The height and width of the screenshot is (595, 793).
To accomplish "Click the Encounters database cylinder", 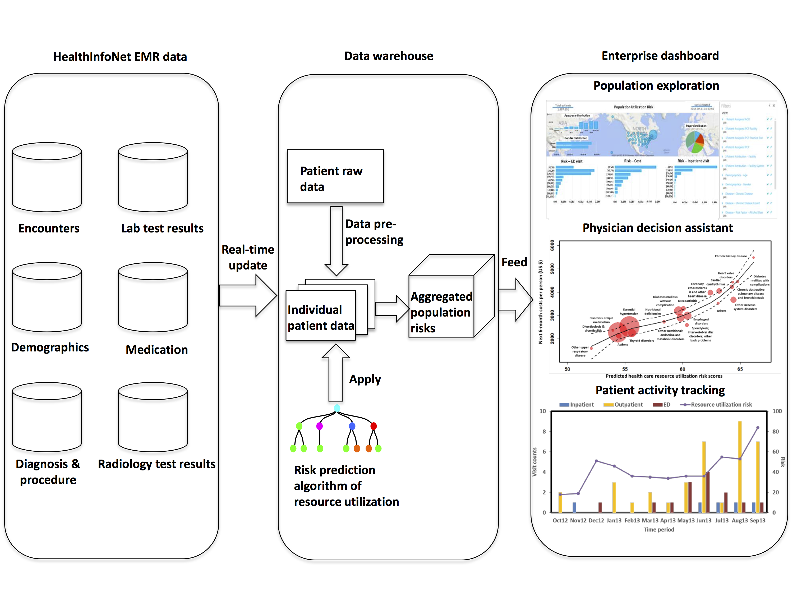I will [x=47, y=177].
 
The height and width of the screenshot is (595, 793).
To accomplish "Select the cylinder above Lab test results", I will [x=153, y=177].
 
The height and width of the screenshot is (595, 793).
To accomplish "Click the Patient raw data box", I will [x=335, y=176].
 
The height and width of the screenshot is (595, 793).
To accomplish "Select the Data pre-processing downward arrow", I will [x=336, y=240].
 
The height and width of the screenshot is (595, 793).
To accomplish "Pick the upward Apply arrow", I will [x=336, y=373].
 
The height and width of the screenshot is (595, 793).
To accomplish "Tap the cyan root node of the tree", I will [x=337, y=408].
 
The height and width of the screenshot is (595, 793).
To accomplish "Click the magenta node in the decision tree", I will [x=319, y=426].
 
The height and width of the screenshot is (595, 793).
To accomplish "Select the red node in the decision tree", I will [x=374, y=426].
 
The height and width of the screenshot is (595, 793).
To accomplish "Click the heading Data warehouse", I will [x=389, y=56].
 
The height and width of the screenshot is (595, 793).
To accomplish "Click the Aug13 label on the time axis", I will [x=740, y=520].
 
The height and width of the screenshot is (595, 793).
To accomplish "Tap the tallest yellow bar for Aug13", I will [x=740, y=466].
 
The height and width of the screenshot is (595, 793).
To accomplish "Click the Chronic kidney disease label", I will [x=731, y=256].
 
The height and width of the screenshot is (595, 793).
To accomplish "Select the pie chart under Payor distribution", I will [x=695, y=142].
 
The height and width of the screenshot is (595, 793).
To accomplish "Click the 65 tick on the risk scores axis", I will [x=740, y=369].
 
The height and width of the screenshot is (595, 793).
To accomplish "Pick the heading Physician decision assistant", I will [x=657, y=228].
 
